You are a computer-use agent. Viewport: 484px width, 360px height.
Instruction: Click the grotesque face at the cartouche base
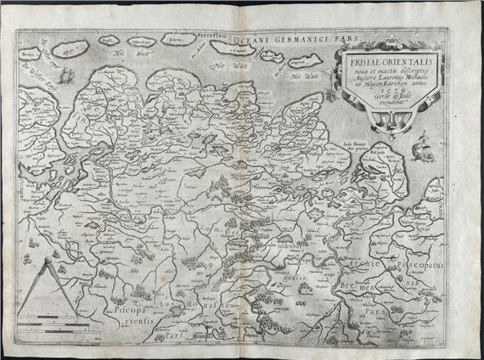374,124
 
